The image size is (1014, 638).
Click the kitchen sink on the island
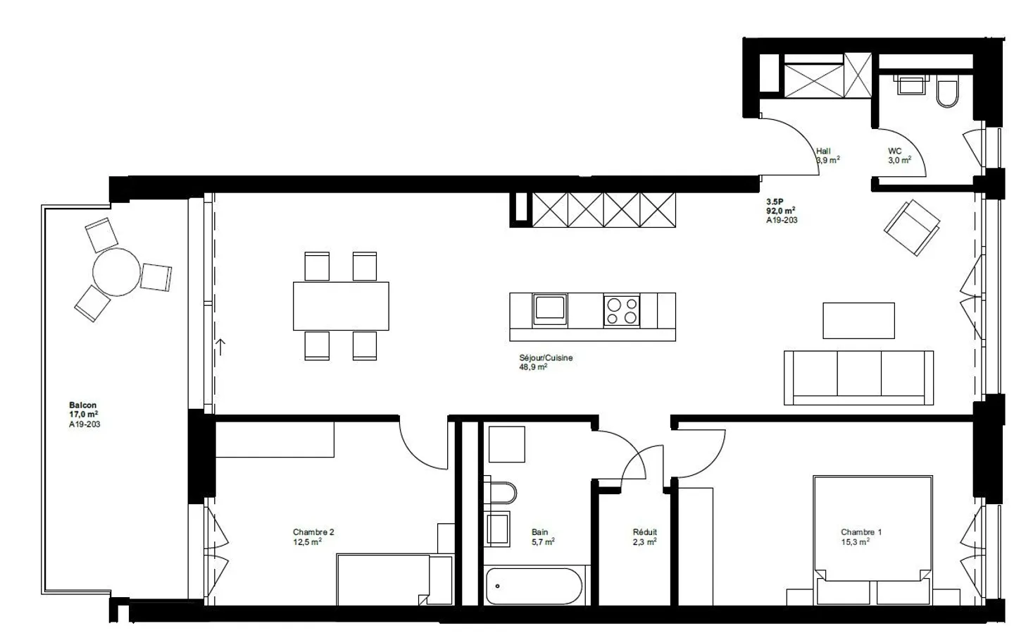click(x=549, y=309)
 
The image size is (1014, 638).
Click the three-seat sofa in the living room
click(x=859, y=377)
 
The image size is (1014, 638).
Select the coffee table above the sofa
click(x=858, y=321)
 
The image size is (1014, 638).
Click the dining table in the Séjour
click(x=341, y=306)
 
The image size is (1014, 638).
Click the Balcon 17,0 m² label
click(x=84, y=415)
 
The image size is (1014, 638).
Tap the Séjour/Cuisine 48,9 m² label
click(x=546, y=362)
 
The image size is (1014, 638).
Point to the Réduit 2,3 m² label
click(x=644, y=537)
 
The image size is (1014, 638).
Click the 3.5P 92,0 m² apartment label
click(x=782, y=210)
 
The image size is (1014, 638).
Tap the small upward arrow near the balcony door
click(x=220, y=346)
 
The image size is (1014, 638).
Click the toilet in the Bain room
click(x=501, y=493)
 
